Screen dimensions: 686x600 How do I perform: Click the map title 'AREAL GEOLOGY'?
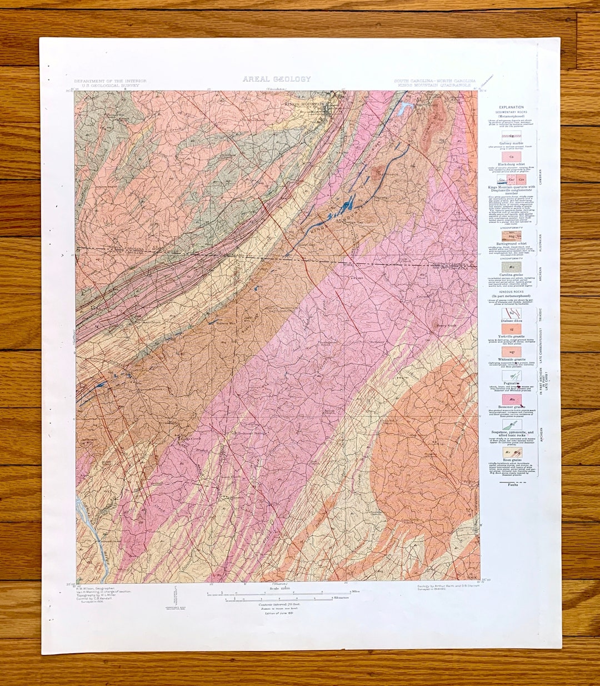click(x=276, y=79)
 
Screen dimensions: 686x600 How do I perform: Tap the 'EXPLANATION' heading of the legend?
click(x=511, y=107)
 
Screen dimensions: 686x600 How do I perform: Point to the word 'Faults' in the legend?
click(x=510, y=485)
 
